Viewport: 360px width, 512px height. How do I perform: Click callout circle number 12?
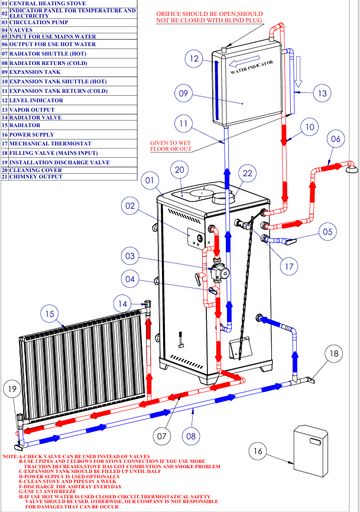pos(194,59)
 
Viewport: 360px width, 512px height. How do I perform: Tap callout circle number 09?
pos(183,93)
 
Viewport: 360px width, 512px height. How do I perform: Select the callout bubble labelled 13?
pos(322,93)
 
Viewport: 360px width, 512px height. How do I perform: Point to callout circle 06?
pos(336,139)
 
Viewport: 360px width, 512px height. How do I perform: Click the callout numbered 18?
pos(334,354)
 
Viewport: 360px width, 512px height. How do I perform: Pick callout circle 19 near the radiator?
pos(12,389)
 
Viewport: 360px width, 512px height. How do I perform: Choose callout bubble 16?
pos(258,451)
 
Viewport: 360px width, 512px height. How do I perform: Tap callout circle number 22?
pos(248,173)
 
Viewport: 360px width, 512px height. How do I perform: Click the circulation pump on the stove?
pos(219,270)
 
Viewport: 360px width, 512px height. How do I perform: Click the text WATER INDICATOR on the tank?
pos(252,67)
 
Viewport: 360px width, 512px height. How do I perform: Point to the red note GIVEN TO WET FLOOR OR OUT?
pos(171,146)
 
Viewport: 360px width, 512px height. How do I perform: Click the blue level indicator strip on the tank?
pos(216,90)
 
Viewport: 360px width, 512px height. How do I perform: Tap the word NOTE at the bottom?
pos(10,456)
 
